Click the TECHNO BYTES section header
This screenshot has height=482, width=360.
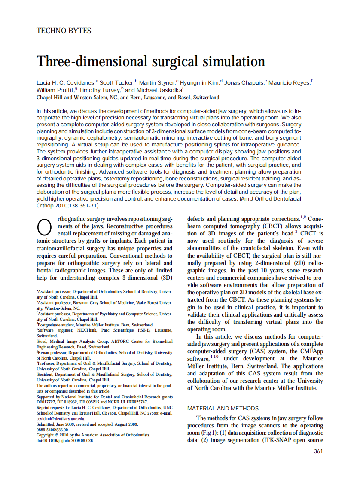coord(64,31)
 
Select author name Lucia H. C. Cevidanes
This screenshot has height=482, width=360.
coord(66,82)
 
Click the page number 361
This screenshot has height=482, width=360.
coord(318,451)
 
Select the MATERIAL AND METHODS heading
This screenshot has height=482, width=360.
coord(223,408)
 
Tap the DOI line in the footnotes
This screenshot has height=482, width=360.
coord(64,440)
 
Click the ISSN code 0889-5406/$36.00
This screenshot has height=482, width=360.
coord(52,429)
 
